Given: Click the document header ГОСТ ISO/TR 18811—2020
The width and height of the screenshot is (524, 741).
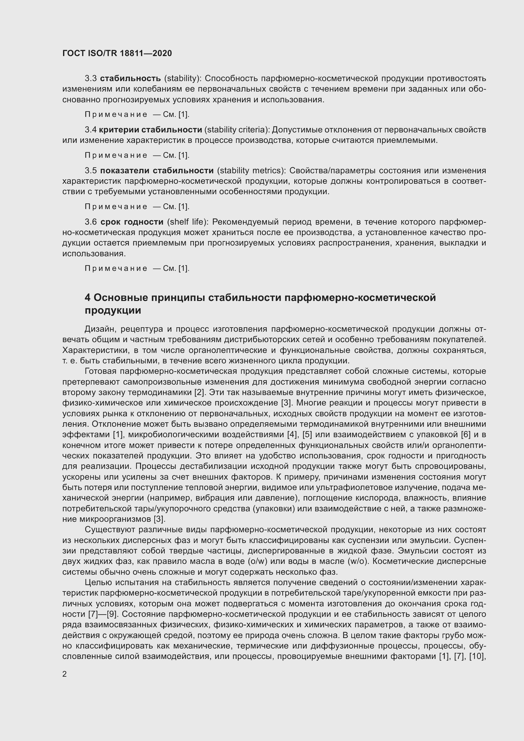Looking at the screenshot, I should tap(117, 53).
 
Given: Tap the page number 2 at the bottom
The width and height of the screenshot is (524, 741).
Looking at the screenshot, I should tap(65, 674).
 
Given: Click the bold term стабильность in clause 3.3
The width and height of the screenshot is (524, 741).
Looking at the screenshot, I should tap(130, 79).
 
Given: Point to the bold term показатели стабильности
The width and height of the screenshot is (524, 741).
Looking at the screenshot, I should tap(157, 170).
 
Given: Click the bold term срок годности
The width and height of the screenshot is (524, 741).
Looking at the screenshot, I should tap(132, 222).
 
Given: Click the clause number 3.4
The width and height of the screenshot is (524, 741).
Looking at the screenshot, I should tap(91, 130).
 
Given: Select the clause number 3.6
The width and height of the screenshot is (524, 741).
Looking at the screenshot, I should tap(91, 222).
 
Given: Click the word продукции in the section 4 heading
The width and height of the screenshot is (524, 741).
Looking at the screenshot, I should tap(112, 310).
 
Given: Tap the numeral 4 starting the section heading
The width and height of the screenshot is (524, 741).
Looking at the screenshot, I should tap(87, 297).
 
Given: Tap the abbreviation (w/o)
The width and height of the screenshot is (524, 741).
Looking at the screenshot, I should tap(358, 561).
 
